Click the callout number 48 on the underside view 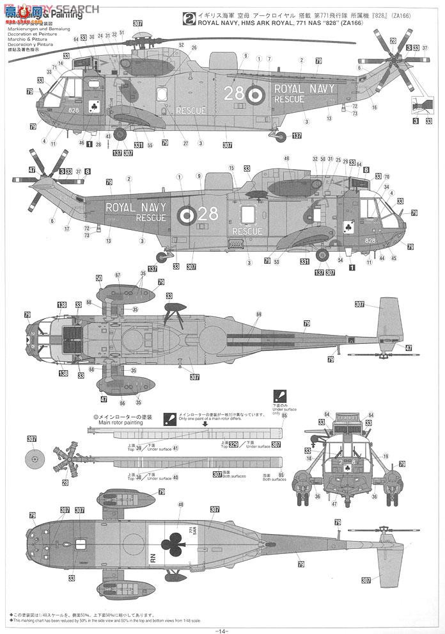(x=162, y=505)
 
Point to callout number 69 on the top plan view (x=259, y=314)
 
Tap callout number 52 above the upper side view (x=181, y=45)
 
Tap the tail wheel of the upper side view (x=278, y=134)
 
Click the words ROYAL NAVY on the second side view (x=136, y=207)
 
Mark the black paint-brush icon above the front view (x=279, y=395)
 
